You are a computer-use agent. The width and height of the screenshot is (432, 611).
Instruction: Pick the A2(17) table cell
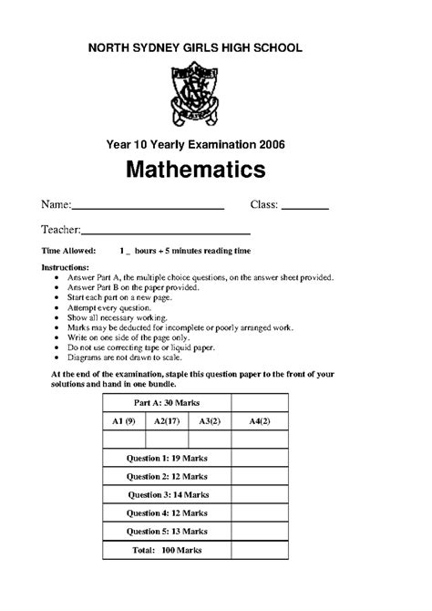coord(168,421)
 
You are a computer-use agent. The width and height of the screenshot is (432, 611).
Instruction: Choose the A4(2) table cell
coord(261,421)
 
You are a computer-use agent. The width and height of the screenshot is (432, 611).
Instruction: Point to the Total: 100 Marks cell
coord(168,551)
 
